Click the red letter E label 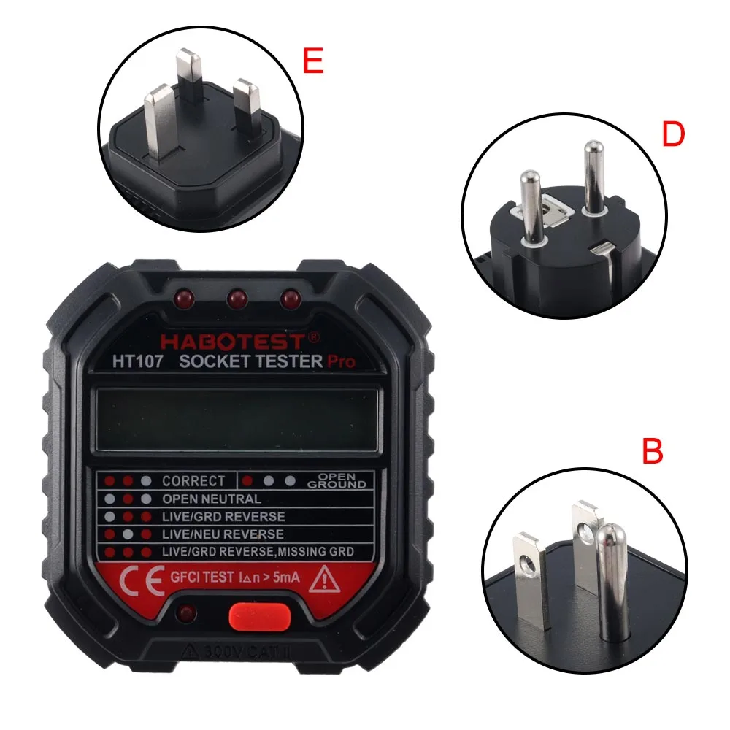coord(312,62)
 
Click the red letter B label coord(652,452)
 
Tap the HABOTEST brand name coord(234,340)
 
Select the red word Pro coord(340,361)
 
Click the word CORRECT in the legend coord(193,481)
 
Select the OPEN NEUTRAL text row coord(212,499)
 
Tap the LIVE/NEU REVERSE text coord(223,534)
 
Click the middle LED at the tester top coord(237,299)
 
